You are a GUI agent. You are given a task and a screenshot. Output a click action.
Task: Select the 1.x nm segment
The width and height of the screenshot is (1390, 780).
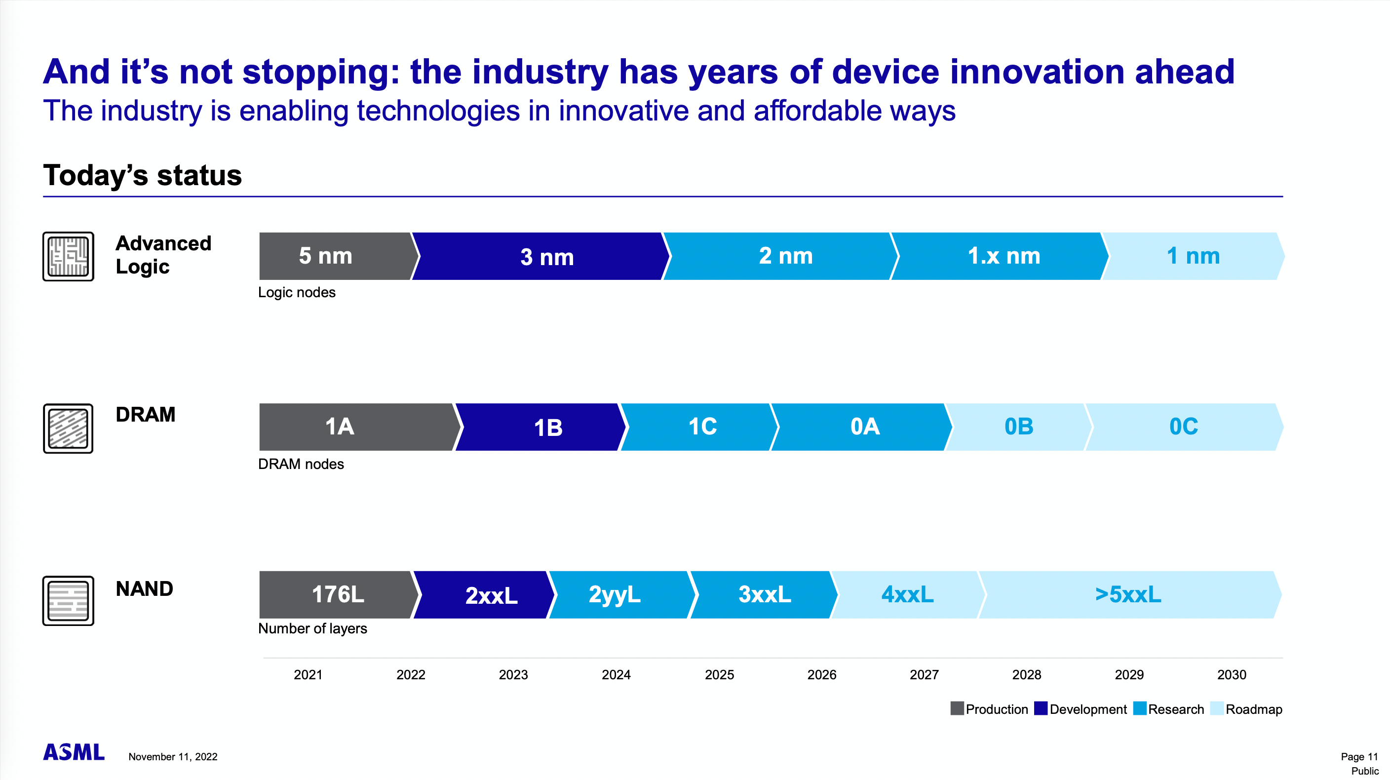pos(1003,256)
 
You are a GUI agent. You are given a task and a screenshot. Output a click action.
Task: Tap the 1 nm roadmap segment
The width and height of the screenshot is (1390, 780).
pos(1193,256)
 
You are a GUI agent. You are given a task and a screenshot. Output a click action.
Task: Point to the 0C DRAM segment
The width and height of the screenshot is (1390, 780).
pos(1183,427)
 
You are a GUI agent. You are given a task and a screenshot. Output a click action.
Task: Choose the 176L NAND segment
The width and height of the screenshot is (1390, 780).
pos(337,594)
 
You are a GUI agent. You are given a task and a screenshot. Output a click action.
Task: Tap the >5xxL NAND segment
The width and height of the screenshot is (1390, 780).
pos(1128,594)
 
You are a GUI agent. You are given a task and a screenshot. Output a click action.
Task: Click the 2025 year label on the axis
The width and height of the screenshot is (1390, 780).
pos(719,675)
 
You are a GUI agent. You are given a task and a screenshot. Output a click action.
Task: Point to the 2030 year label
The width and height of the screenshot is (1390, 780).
pos(1232,675)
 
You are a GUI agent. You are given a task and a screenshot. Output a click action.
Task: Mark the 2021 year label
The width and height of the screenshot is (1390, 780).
pos(308,675)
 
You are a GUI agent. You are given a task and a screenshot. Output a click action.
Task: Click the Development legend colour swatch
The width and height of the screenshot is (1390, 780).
pos(1041,708)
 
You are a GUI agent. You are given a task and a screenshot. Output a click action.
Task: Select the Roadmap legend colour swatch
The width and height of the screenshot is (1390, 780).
pos(1217,708)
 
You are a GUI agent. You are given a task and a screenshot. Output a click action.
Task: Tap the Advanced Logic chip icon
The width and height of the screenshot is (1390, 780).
pos(69,256)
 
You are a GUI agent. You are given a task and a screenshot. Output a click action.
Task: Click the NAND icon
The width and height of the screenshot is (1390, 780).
pos(69,601)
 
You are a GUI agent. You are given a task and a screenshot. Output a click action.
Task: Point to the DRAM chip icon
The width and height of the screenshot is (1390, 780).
pos(69,429)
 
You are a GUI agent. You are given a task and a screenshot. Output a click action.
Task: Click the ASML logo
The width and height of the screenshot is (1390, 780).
pos(74,752)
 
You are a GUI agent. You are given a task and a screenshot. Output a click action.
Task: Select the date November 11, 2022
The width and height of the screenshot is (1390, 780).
pos(173,757)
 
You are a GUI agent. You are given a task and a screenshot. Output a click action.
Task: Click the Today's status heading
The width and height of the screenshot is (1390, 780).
pos(143,175)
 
